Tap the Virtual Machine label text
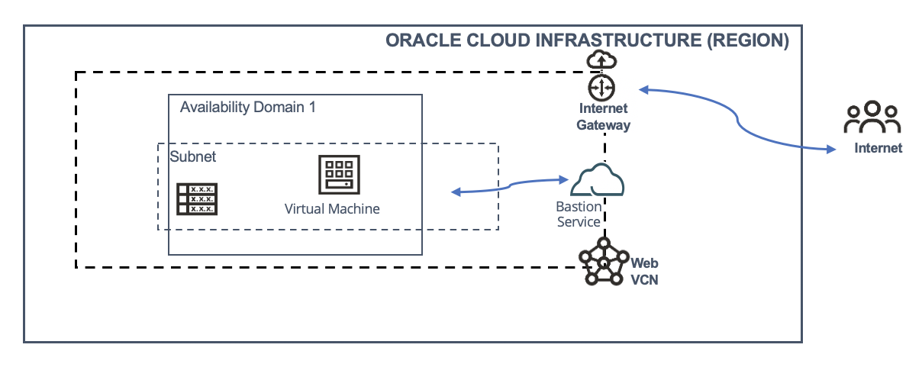pyautogui.click(x=332, y=208)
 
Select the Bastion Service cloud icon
pyautogui.click(x=598, y=181)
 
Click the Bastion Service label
pyautogui.click(x=579, y=214)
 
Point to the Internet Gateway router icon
pyautogui.click(x=602, y=85)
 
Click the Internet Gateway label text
pyautogui.click(x=603, y=117)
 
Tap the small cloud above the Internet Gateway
pyautogui.click(x=602, y=60)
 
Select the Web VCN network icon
pyautogui.click(x=603, y=262)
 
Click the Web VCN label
pyautogui.click(x=644, y=271)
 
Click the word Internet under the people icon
pyautogui.click(x=878, y=148)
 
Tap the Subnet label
pyautogui.click(x=193, y=157)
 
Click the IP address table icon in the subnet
pyautogui.click(x=196, y=198)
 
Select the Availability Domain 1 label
pyautogui.click(x=248, y=107)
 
